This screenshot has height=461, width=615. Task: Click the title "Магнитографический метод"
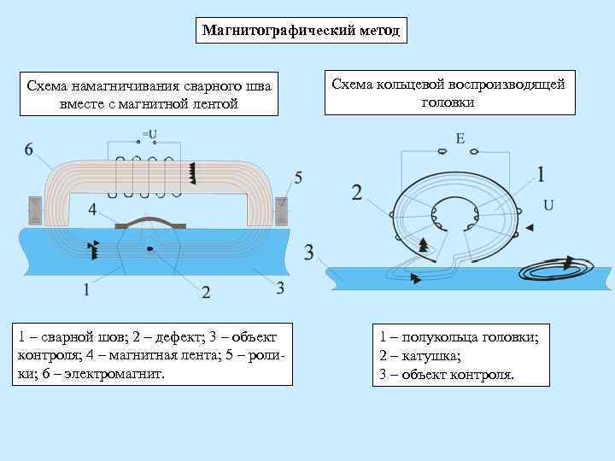click(300, 32)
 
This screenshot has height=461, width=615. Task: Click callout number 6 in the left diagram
click(29, 149)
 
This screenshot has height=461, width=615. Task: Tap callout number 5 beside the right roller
click(297, 178)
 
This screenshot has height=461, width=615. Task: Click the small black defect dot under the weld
click(150, 248)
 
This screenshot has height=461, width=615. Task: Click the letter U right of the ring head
click(548, 205)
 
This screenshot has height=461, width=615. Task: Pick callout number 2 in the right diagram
click(357, 192)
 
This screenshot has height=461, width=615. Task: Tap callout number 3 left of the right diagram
click(309, 253)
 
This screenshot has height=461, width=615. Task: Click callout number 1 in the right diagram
click(541, 174)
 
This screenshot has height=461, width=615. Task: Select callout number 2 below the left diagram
click(206, 293)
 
